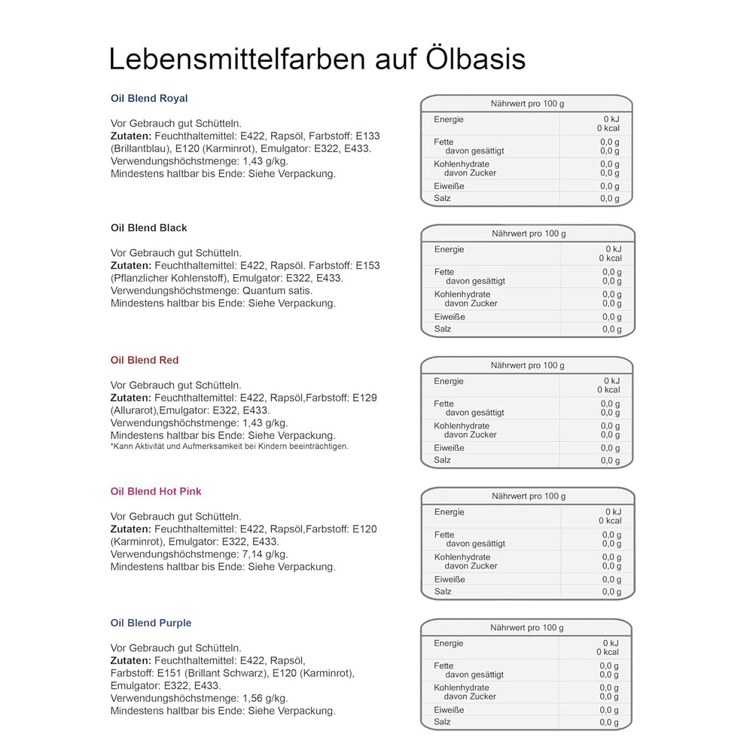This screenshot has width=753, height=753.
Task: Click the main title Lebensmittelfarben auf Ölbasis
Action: [x=317, y=59]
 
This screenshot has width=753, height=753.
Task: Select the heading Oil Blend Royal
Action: [x=149, y=99]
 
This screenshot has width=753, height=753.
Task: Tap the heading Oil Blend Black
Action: [x=148, y=228]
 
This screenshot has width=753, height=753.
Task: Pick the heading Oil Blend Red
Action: [x=145, y=361]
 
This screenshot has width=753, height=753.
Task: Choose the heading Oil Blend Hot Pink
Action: [x=156, y=492]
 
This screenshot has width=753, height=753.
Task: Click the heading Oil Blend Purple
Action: [x=151, y=623]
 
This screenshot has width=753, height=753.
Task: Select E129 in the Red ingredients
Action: [x=364, y=398]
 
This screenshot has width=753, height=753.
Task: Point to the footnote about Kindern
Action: [x=230, y=447]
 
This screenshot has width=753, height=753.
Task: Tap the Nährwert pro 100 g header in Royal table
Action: [x=527, y=104]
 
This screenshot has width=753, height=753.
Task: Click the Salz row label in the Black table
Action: [x=444, y=329]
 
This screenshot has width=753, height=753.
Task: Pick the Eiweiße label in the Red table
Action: [x=449, y=448]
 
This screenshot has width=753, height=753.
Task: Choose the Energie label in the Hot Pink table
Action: [x=450, y=512]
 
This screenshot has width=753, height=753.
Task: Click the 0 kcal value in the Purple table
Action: [x=608, y=652]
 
